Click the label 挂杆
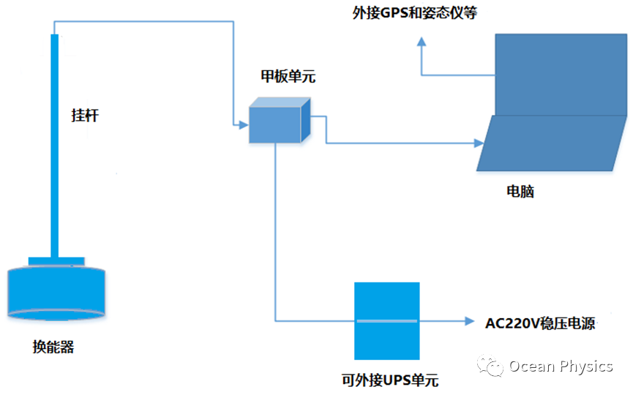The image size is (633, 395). click(84, 116)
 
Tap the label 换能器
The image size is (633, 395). click(53, 347)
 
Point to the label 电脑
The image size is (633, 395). click(520, 192)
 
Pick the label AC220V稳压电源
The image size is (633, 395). click(540, 323)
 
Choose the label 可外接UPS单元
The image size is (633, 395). click(389, 381)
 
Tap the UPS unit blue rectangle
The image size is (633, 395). click(386, 320)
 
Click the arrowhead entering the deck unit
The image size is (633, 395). click(243, 125)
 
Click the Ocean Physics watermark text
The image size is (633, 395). click(561, 366)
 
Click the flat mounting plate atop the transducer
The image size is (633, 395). click(56, 261)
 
